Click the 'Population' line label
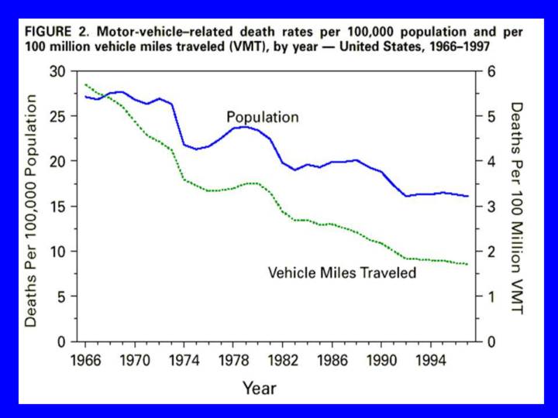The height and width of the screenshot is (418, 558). pos(262,117)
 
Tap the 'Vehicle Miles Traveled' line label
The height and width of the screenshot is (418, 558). pos(342,272)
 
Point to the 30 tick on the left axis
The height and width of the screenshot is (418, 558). pos(57,71)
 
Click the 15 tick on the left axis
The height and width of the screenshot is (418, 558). pos(57,206)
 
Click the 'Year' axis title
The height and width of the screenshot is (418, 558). pos(258,387)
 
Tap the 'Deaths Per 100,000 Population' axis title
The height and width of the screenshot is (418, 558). pos(32,209)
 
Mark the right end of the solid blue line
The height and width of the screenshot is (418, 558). pos(467,196)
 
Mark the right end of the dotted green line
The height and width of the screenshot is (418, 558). pos(467,265)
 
